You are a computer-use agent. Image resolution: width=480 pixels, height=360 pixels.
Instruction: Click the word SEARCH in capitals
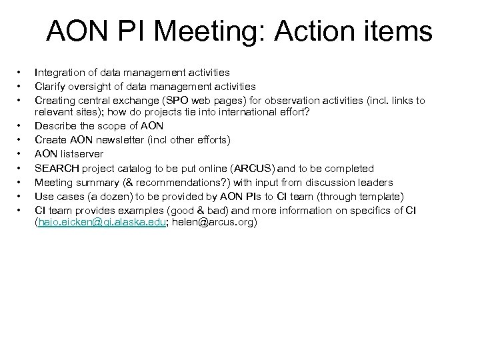[55, 169]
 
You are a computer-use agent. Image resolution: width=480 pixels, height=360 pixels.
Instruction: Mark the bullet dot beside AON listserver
[20, 155]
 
